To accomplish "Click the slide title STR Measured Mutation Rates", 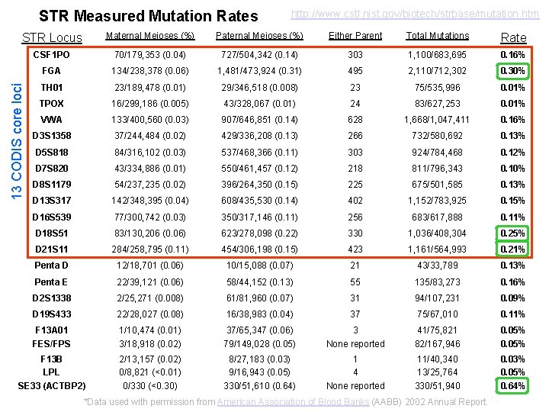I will pos(148,15).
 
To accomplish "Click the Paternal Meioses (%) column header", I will pos(260,36).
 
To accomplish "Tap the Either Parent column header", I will pos(355,36).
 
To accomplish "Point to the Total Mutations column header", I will pos(438,36).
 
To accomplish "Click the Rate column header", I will pos(512,37).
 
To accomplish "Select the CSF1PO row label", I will pos(52,55).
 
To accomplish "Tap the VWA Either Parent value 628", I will pos(355,120).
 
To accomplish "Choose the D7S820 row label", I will pos(52,168).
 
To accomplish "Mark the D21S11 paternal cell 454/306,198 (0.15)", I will pos(260,249).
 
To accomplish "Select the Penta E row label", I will pos(52,282).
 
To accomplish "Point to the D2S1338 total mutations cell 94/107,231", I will pos(438,298).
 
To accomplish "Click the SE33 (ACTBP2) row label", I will pos(52,386).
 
